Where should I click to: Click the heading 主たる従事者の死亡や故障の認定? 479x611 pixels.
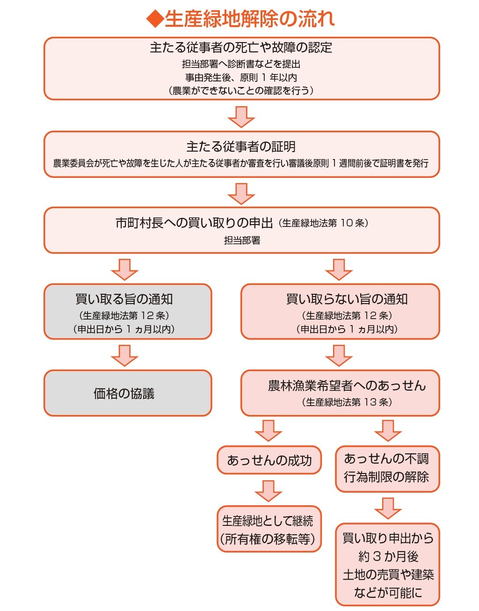tap(241, 48)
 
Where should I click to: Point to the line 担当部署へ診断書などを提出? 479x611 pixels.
tap(241, 64)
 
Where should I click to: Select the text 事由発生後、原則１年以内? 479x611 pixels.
tap(241, 78)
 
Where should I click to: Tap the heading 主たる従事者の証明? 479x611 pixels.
tap(241, 147)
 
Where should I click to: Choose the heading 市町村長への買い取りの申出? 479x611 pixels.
tap(194, 223)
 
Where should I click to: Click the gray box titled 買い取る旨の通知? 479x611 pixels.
tap(128, 311)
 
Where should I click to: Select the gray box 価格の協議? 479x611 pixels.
tap(128, 393)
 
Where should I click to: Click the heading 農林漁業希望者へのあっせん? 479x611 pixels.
tap(347, 386)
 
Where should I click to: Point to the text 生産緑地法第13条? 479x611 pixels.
tap(347, 402)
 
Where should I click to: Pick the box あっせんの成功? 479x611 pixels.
tap(269, 460)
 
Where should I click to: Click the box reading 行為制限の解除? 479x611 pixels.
tap(387, 477)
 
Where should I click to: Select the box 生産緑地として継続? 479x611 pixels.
tap(269, 529)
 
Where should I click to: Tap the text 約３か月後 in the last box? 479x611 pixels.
tap(388, 557)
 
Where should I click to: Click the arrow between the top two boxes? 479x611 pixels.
tap(241, 116)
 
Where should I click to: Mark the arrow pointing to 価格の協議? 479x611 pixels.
tap(124, 356)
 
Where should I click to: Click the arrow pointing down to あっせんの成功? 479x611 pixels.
tap(269, 430)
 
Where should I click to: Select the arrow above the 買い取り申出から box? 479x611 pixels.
tap(388, 508)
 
